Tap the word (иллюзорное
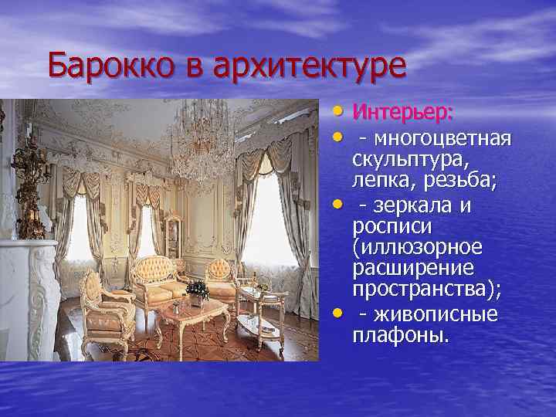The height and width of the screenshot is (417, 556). [417, 249]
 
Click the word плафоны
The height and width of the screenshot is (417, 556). [398, 337]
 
